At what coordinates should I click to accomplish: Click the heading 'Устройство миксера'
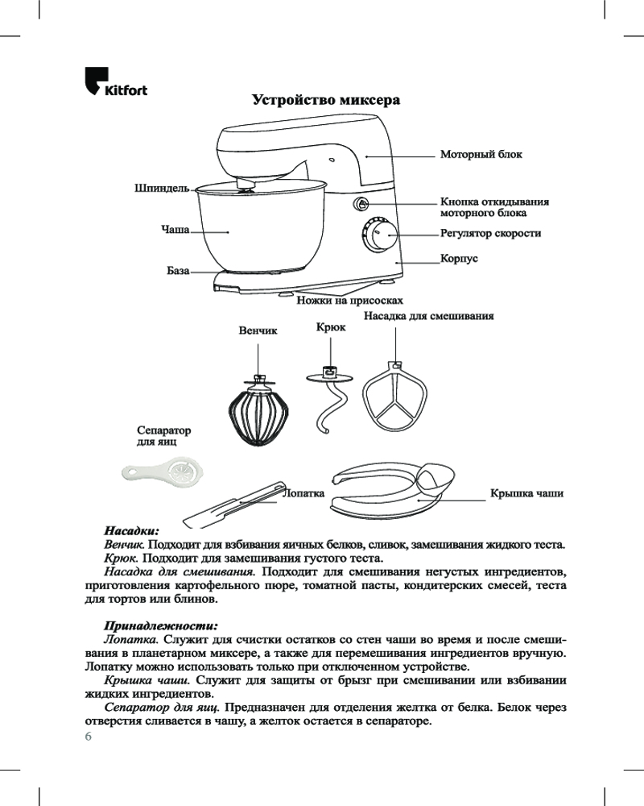click(x=326, y=101)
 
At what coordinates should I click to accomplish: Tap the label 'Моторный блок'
click(x=480, y=153)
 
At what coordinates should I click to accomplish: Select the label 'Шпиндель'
click(x=161, y=189)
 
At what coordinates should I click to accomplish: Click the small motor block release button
click(x=361, y=205)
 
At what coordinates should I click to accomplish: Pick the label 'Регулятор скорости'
click(x=490, y=234)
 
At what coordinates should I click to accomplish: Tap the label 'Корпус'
click(x=460, y=259)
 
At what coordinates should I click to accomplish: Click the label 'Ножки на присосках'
click(x=349, y=301)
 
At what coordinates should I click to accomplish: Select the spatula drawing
click(x=229, y=505)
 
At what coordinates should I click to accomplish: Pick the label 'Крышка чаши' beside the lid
click(x=526, y=493)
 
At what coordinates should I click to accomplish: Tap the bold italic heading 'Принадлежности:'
click(x=161, y=625)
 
